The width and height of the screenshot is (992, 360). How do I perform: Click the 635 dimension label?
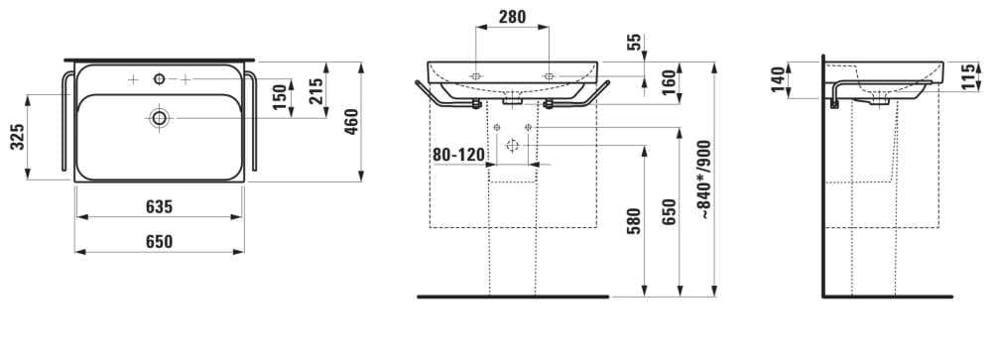[x=160, y=207]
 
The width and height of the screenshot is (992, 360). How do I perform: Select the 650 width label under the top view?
[x=160, y=242]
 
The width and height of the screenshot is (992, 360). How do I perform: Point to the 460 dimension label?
[x=352, y=122]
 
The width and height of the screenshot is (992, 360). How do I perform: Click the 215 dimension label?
[x=316, y=90]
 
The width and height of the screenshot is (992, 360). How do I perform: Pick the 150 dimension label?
[x=281, y=97]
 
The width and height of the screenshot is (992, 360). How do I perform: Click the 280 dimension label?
[x=512, y=17]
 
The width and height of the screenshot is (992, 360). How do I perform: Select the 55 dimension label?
[x=635, y=43]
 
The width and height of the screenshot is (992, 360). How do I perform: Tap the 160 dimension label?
[x=670, y=83]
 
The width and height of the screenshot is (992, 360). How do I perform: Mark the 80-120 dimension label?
[x=458, y=155]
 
